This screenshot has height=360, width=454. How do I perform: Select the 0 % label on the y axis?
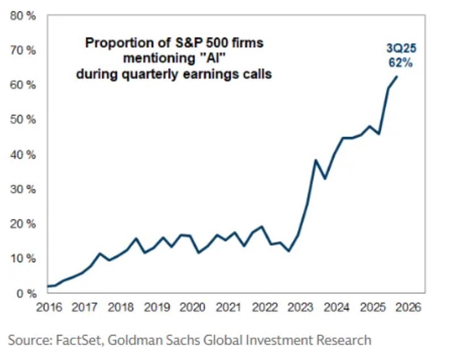point(26,293)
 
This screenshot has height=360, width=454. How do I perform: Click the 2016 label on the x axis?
point(48,308)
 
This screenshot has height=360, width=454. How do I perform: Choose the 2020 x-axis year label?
point(192,308)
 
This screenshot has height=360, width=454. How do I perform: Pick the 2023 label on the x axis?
point(299,308)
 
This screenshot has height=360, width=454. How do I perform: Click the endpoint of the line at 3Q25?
point(397,77)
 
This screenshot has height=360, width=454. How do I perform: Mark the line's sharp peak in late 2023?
point(315,160)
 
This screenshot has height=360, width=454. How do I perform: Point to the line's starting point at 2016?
point(48,286)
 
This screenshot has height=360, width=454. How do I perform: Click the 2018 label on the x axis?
point(120,308)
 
